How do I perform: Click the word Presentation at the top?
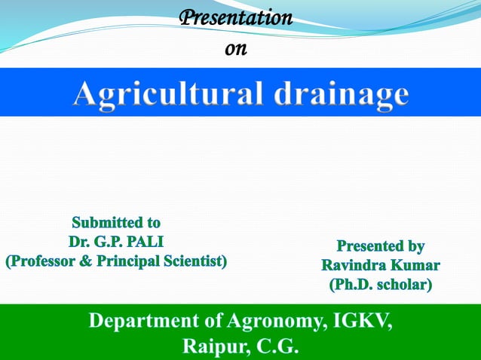235,18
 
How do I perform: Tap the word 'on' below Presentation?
236,49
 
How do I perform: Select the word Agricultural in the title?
167,94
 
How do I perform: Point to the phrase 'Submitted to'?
116,223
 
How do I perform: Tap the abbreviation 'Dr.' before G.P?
78,243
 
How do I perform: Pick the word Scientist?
191,262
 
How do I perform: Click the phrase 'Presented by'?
380,246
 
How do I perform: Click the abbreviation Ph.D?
351,285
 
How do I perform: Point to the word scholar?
404,285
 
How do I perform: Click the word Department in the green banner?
144,322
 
